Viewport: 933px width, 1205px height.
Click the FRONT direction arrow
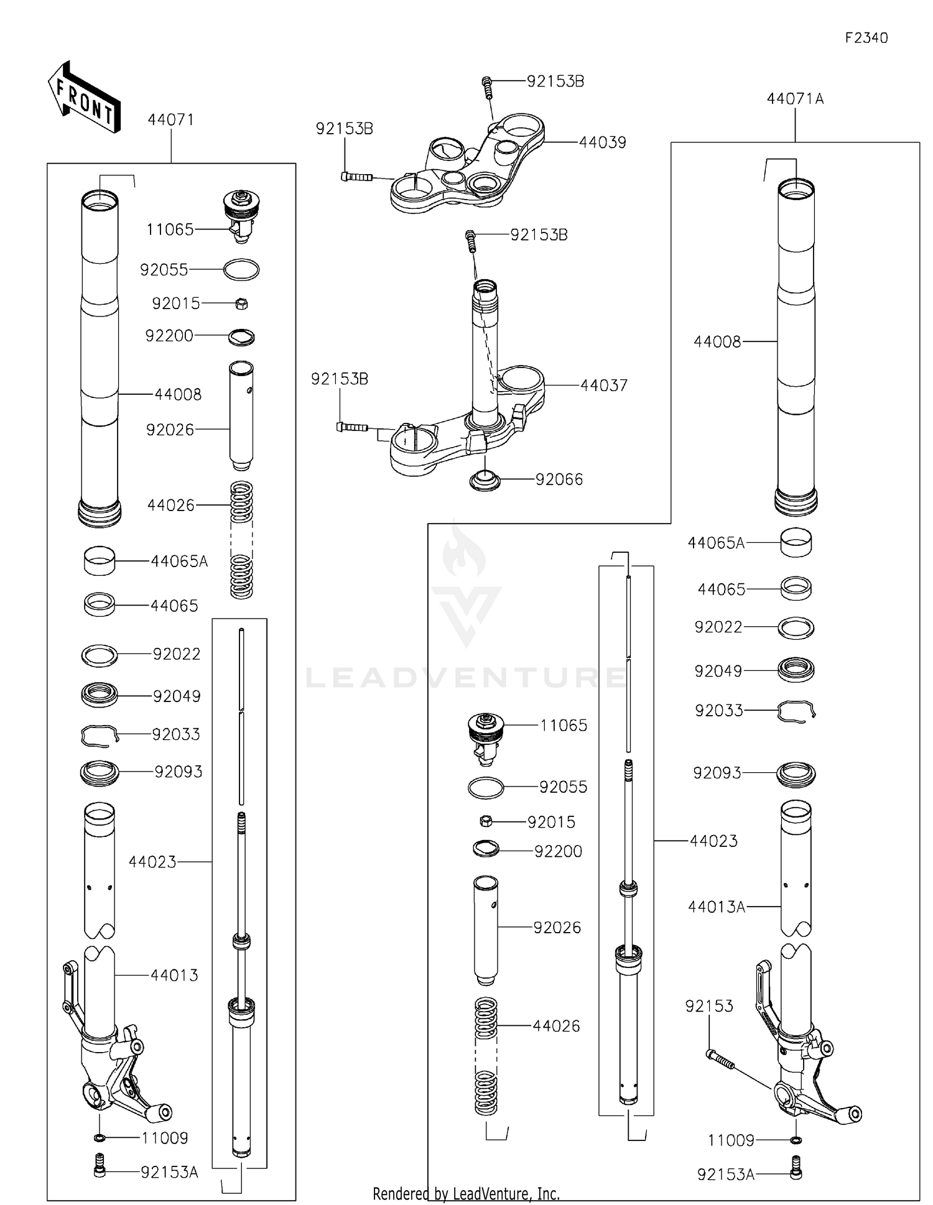[x=84, y=98]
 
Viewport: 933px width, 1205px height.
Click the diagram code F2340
[x=866, y=38]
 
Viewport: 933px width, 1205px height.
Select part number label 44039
[x=602, y=142]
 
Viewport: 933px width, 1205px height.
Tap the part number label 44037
[x=603, y=386]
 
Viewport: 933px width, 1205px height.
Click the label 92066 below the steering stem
[x=559, y=479]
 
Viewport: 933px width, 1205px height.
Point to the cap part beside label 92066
[x=485, y=481]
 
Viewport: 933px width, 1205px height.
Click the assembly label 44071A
[x=795, y=99]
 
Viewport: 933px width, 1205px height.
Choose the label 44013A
[x=717, y=907]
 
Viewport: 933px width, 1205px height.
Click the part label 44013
[x=174, y=975]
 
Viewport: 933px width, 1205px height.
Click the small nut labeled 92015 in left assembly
[x=243, y=304]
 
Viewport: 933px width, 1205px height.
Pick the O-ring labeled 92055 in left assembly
[x=241, y=270]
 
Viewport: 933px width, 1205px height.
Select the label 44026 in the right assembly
[x=556, y=1026]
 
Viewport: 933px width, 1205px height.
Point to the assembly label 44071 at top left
[x=170, y=120]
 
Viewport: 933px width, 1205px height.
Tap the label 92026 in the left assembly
[x=170, y=430]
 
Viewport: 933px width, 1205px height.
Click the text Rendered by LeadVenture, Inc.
[x=466, y=1193]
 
